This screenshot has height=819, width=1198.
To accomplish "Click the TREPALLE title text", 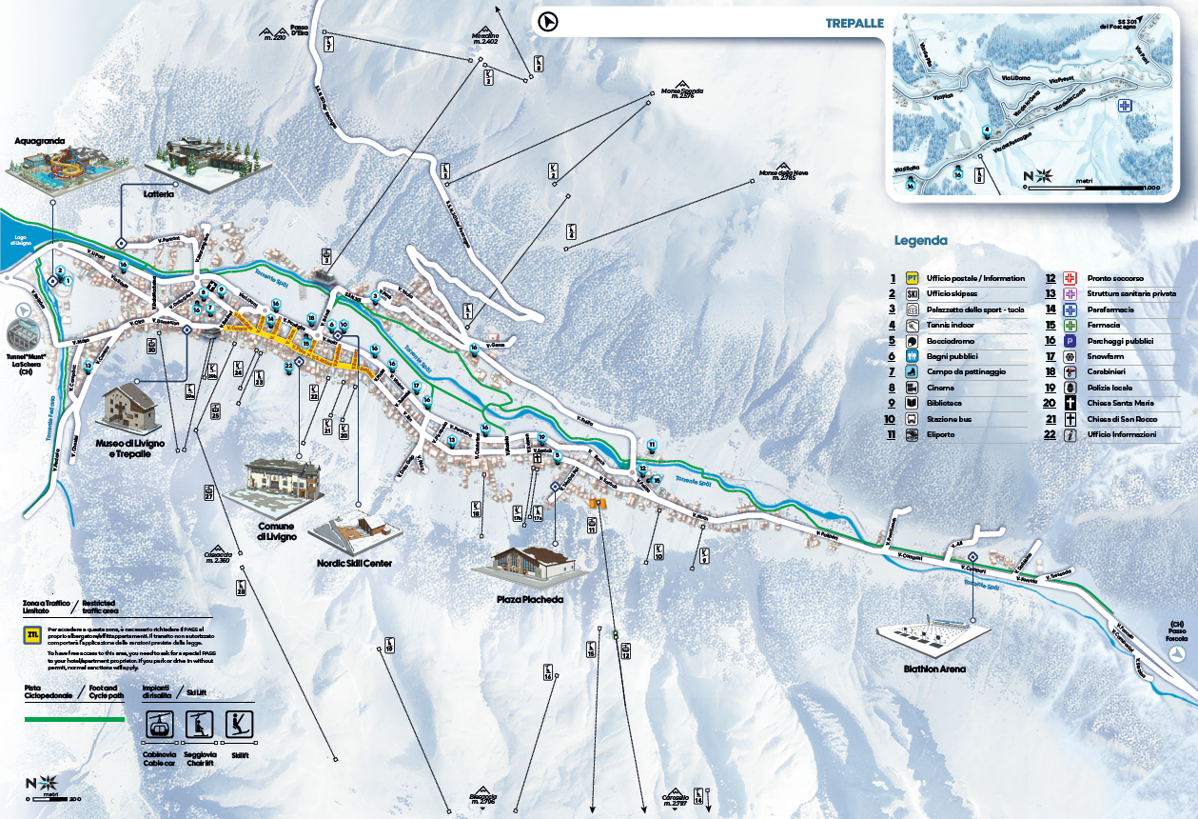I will [854, 23].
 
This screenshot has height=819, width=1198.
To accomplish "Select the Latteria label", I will [159, 193].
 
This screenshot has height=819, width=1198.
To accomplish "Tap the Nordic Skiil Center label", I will [354, 564].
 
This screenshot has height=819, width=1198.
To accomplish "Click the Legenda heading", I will [920, 240].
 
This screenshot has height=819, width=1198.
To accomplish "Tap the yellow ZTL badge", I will [33, 634].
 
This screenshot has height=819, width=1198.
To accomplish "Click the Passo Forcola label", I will [1177, 630].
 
